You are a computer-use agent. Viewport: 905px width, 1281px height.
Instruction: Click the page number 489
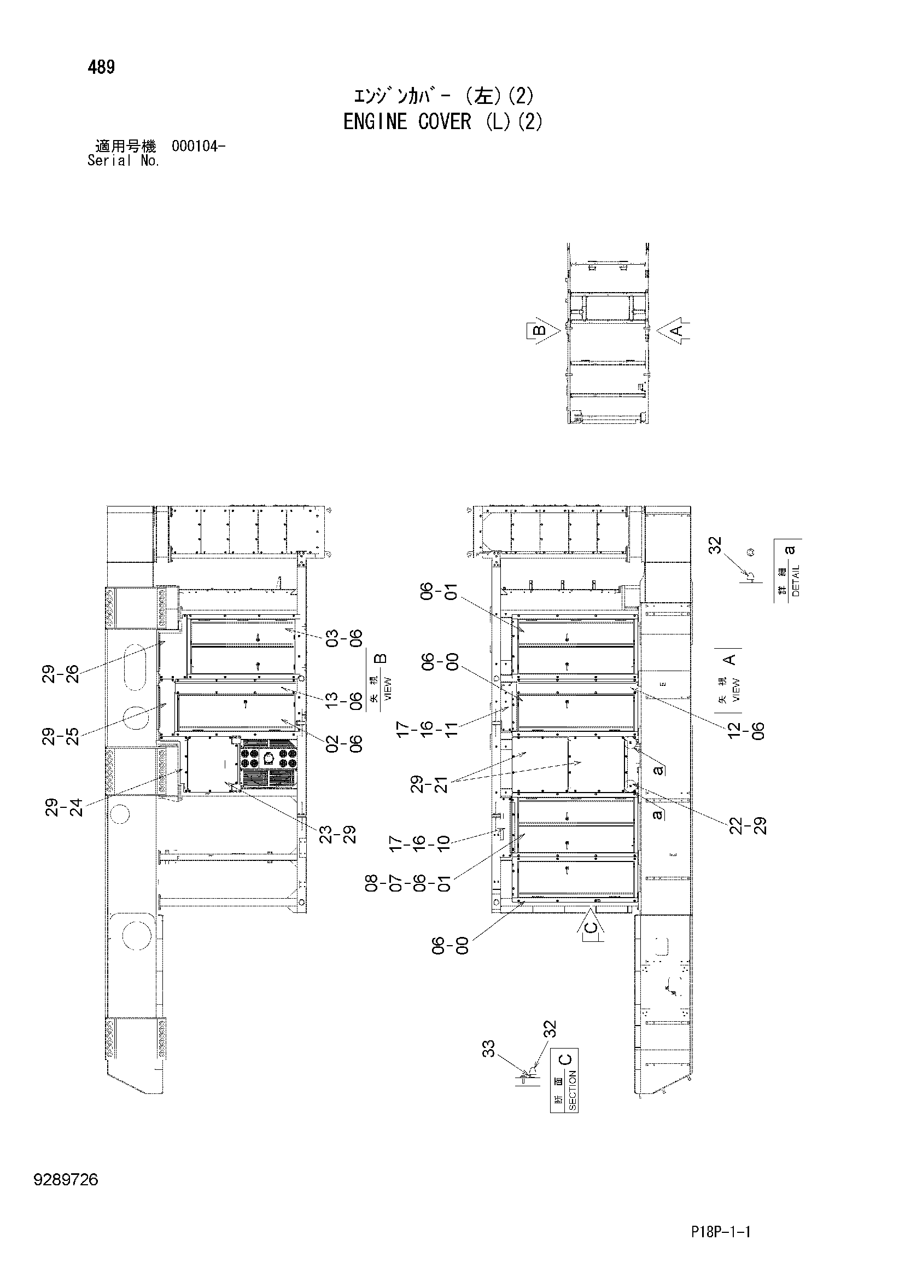pyautogui.click(x=101, y=67)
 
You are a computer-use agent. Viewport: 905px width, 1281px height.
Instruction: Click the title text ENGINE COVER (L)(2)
pyautogui.click(x=442, y=121)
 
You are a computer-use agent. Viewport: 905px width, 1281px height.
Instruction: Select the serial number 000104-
pyautogui.click(x=198, y=147)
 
